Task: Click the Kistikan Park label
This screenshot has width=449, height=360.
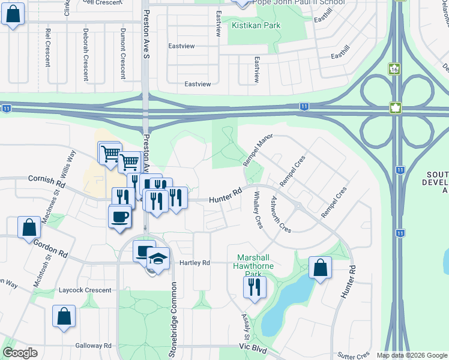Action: click(x=256, y=26)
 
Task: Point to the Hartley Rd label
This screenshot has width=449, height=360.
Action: click(x=194, y=263)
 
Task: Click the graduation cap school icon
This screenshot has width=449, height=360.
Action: click(x=158, y=259)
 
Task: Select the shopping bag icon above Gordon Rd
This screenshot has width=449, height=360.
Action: click(x=29, y=228)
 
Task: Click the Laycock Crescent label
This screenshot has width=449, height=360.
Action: click(x=85, y=290)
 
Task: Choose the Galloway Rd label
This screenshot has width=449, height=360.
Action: click(x=94, y=346)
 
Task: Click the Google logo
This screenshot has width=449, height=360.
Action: click(x=20, y=353)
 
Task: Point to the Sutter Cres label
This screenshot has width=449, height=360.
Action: click(x=353, y=355)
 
